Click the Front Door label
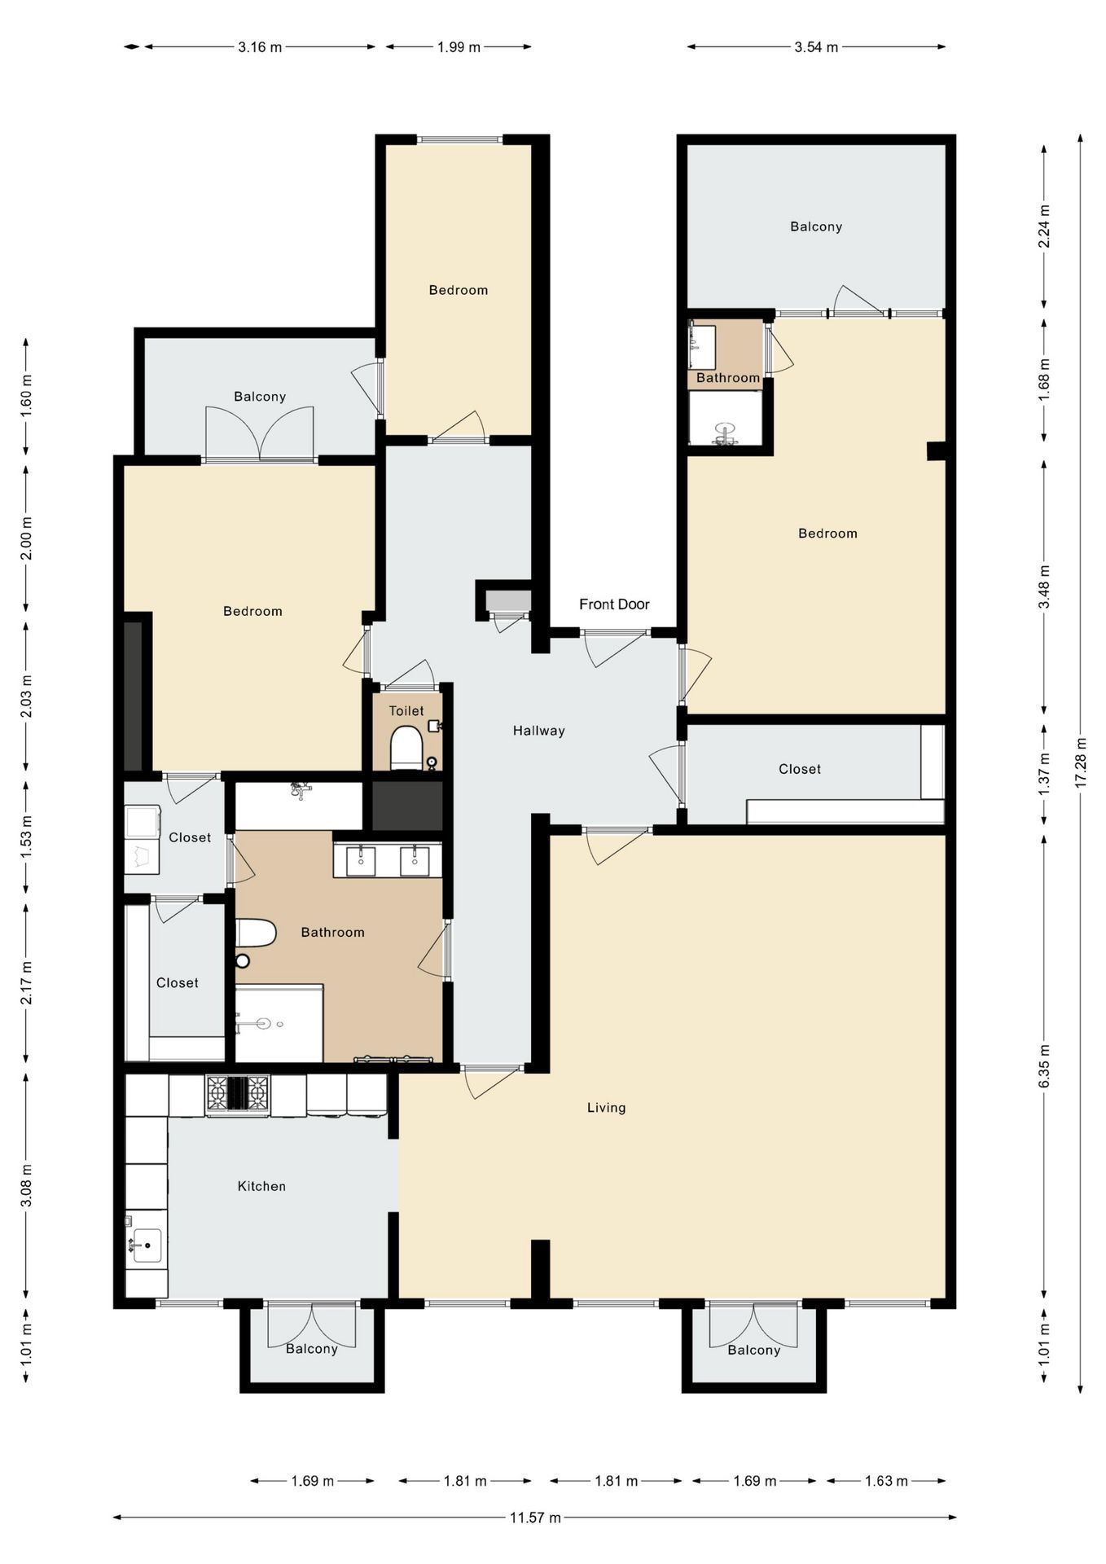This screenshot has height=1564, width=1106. tap(614, 604)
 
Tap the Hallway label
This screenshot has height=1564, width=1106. tap(538, 731)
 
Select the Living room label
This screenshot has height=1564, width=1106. tap(606, 1108)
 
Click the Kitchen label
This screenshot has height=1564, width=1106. tap(261, 1186)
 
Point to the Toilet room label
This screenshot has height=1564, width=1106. tap(406, 710)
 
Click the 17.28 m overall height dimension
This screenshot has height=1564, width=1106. tap(1081, 762)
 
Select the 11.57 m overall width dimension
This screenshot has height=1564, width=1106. tap(535, 1518)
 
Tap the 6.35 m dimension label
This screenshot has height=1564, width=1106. tap(1045, 1065)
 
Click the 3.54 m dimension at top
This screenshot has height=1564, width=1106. tap(816, 47)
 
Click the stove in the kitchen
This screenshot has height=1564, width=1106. tap(237, 1093)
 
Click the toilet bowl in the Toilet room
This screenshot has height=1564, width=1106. tap(406, 746)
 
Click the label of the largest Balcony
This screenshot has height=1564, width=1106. tap(815, 226)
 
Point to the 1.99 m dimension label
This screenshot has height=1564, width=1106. tap(459, 47)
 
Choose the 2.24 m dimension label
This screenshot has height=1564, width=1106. tap(1045, 226)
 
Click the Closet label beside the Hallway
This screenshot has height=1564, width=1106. tap(799, 769)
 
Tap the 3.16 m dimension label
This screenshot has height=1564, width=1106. tap(260, 47)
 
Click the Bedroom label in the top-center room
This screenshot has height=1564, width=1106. tap(458, 290)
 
